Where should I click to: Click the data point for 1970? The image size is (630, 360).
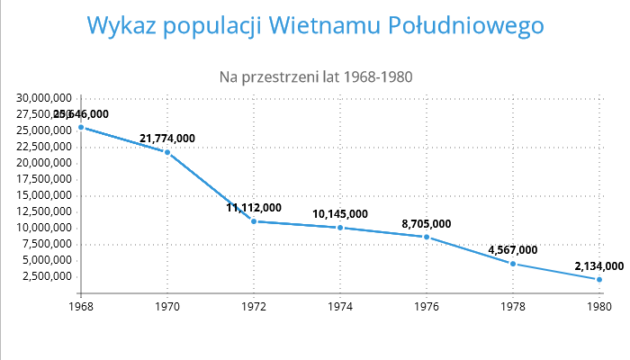(x=167, y=152)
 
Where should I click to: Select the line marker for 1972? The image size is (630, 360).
(x=254, y=221)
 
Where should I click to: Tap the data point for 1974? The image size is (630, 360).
(x=340, y=228)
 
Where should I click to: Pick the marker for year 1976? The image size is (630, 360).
(x=427, y=237)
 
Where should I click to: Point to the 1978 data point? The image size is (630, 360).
(x=513, y=264)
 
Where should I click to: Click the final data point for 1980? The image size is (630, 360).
(x=599, y=280)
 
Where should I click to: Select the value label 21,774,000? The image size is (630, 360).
(x=167, y=138)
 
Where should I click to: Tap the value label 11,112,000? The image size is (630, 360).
(x=254, y=207)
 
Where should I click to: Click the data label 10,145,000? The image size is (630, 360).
(x=340, y=213)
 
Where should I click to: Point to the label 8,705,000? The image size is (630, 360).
(x=427, y=223)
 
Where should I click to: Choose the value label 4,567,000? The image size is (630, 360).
(x=513, y=249)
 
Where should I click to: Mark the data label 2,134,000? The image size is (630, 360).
(x=598, y=265)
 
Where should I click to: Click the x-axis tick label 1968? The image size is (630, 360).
(x=81, y=307)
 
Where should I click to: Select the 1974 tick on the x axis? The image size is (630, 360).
(x=340, y=307)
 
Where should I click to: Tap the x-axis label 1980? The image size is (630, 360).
(x=599, y=307)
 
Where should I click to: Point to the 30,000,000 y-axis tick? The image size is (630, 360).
(x=44, y=98)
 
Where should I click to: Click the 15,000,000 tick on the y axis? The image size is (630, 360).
(x=44, y=195)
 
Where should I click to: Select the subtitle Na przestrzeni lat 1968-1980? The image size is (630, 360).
(x=316, y=76)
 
